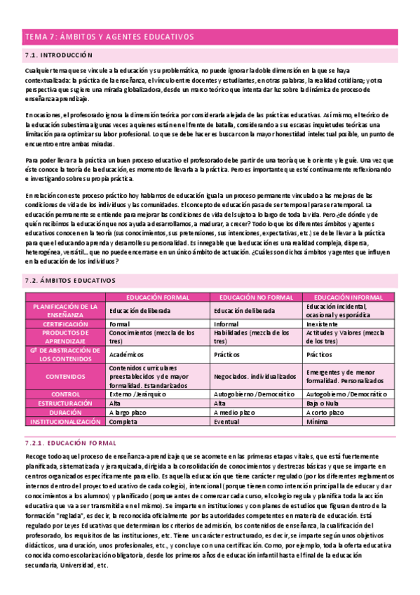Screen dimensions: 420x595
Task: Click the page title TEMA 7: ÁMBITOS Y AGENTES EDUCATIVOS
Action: (x=109, y=37)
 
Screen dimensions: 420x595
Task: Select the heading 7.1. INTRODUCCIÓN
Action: (x=58, y=55)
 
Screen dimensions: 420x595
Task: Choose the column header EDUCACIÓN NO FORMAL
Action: (x=257, y=297)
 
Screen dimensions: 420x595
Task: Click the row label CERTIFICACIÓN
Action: (x=65, y=324)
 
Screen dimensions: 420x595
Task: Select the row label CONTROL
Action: (x=65, y=394)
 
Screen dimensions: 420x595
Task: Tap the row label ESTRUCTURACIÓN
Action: (x=65, y=404)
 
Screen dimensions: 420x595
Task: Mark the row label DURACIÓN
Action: (x=65, y=413)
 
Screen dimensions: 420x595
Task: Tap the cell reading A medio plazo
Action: (x=235, y=413)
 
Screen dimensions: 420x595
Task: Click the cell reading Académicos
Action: (x=127, y=354)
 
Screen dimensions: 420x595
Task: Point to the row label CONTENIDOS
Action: (x=65, y=376)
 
